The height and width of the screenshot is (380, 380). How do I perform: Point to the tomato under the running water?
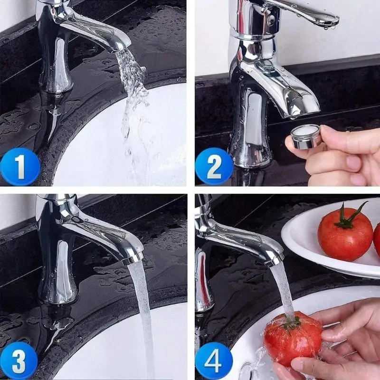tap(291, 338)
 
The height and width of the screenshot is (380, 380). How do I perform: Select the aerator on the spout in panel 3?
tap(133, 258)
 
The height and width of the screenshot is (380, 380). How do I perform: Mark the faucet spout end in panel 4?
tap(275, 259)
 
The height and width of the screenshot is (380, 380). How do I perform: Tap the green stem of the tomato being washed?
tap(291, 323)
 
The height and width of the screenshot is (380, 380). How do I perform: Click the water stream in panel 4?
tap(284, 290)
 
